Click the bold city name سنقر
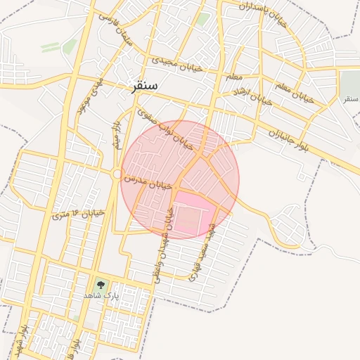(144, 85)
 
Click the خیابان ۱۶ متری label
(78, 212)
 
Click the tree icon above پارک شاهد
(99, 285)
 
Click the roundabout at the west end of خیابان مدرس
(117, 174)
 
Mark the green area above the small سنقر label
(349, 82)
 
